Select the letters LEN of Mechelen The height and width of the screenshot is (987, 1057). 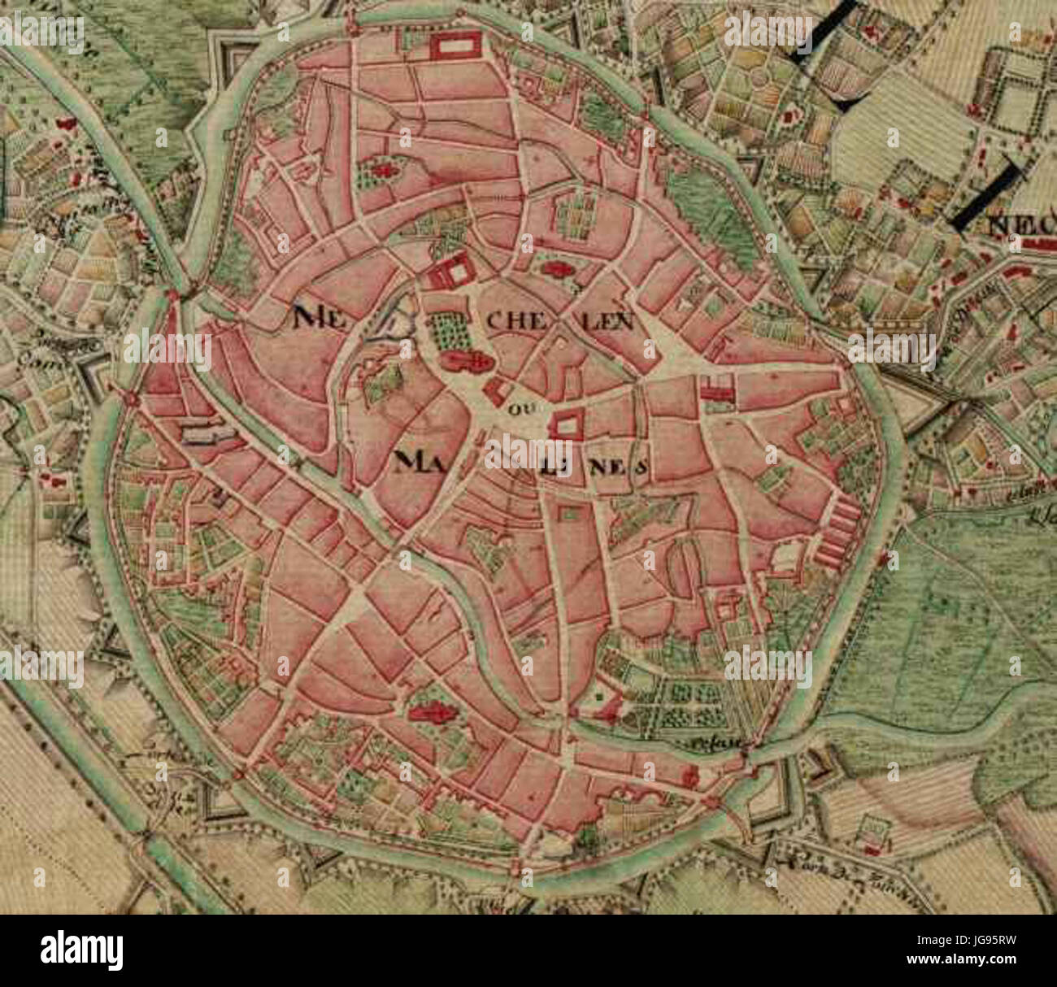pos(606,323)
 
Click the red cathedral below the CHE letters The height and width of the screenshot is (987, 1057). pos(464,360)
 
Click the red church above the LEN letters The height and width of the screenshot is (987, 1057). pos(556,268)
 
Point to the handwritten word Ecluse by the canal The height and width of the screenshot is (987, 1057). pos(708,741)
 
